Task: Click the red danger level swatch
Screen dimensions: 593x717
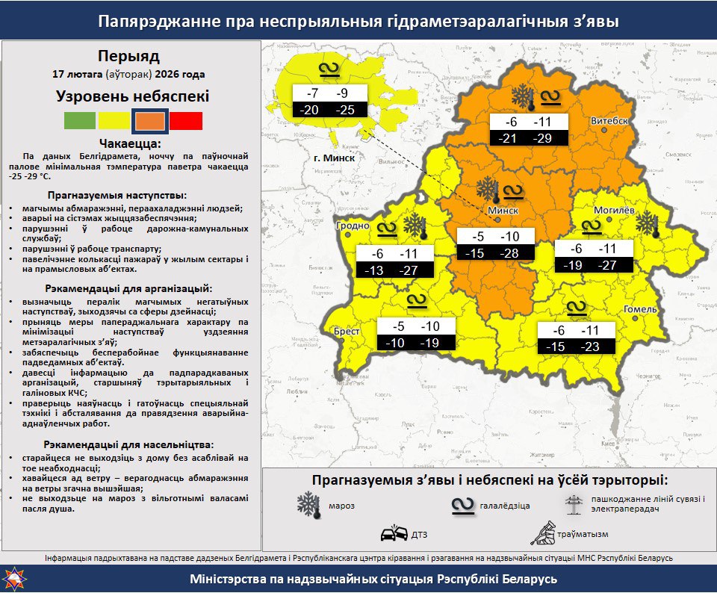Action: coord(185,119)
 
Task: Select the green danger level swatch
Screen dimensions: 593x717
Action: coord(80,119)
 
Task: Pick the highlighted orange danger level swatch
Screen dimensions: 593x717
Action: coord(149,119)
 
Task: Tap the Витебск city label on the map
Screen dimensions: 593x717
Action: coord(609,120)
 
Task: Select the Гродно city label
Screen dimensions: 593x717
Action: coord(353,225)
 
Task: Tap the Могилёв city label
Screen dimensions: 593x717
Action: coord(614,211)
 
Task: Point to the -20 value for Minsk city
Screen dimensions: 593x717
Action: coord(310,110)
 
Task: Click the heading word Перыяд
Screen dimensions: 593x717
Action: coord(128,56)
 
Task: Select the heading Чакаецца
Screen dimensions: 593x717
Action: coord(129,143)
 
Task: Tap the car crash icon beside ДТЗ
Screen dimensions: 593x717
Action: coord(394,533)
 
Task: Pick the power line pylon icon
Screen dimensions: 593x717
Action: coord(574,503)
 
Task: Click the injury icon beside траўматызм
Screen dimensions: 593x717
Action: coord(543,533)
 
